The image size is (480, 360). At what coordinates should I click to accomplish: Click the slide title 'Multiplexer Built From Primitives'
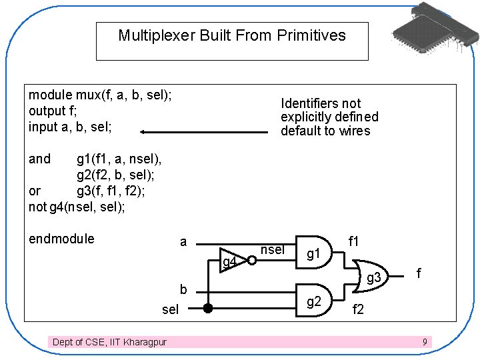click(x=232, y=35)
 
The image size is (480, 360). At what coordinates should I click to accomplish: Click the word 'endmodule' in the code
click(x=61, y=239)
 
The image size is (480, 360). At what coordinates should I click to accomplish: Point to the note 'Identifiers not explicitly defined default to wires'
click(x=329, y=117)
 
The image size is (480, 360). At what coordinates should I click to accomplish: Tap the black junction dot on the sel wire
click(x=208, y=309)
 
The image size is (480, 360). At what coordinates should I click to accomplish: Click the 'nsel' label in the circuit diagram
click(x=272, y=249)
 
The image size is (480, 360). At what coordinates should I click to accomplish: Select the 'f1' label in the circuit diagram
click(x=354, y=241)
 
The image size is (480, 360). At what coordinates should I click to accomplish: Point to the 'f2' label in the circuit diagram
click(x=358, y=310)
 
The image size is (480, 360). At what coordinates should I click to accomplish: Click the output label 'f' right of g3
click(x=419, y=273)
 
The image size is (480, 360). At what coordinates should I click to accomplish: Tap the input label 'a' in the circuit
click(x=183, y=241)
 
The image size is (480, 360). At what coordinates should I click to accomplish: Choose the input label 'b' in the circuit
click(x=183, y=289)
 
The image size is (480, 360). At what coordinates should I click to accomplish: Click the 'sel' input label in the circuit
click(x=171, y=309)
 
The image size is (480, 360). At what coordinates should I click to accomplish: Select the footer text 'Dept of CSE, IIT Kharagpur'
click(x=110, y=342)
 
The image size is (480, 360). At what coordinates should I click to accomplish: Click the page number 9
click(x=425, y=342)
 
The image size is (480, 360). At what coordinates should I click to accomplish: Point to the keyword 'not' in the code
click(x=38, y=207)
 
